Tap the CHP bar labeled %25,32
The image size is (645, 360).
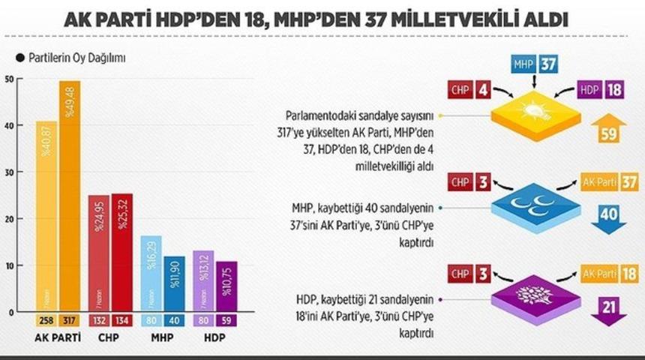122,251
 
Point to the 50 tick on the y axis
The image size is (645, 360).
8,79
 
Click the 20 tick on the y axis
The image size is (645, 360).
8,219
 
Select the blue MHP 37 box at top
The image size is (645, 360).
534,64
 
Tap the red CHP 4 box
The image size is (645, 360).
470,90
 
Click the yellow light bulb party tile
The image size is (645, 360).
535,114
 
